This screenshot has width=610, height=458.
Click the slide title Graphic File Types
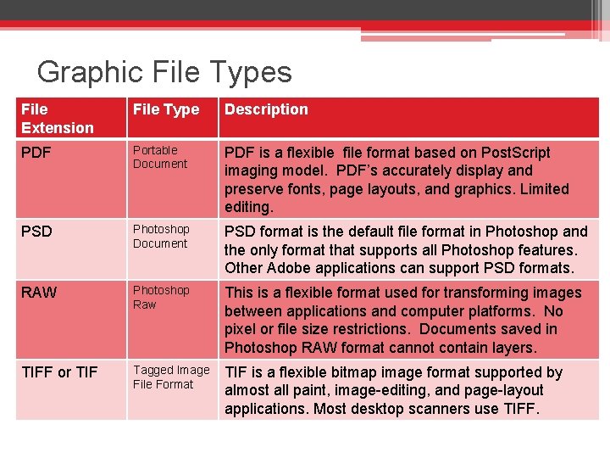pos(164,72)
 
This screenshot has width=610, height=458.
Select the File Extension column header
pos(58,119)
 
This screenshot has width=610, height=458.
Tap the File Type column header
pos(166,109)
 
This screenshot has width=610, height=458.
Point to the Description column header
pos(266,109)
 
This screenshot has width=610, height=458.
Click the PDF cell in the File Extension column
pos(36,154)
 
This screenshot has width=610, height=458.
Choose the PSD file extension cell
pos(37,232)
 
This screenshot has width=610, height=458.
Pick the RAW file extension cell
pos(39,293)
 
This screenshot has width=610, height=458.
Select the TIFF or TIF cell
pos(59,372)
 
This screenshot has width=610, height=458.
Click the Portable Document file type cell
pos(160,157)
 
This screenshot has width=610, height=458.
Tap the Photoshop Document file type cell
pos(161,236)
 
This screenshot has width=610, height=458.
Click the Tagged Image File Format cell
pos(170,377)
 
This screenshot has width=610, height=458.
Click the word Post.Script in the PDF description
pos(515,153)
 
